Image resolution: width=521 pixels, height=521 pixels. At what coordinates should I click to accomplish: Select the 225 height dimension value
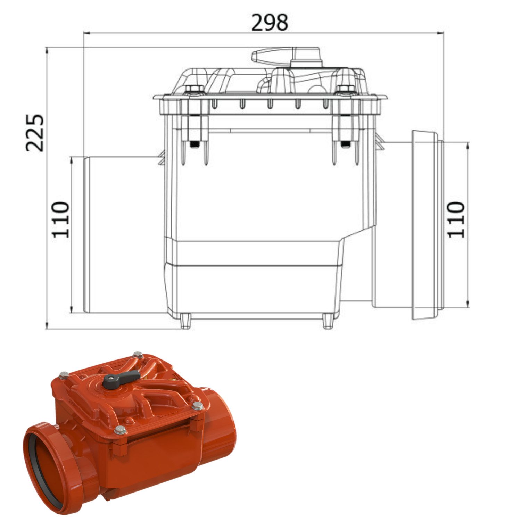tap(35, 133)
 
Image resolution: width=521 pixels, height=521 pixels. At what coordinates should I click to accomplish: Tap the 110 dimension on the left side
tap(61, 219)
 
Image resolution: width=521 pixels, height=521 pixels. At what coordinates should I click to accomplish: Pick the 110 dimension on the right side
tap(455, 219)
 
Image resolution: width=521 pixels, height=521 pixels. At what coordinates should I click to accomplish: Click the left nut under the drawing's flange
tap(195, 144)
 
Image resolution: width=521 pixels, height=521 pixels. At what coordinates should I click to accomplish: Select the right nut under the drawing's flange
tap(345, 144)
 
